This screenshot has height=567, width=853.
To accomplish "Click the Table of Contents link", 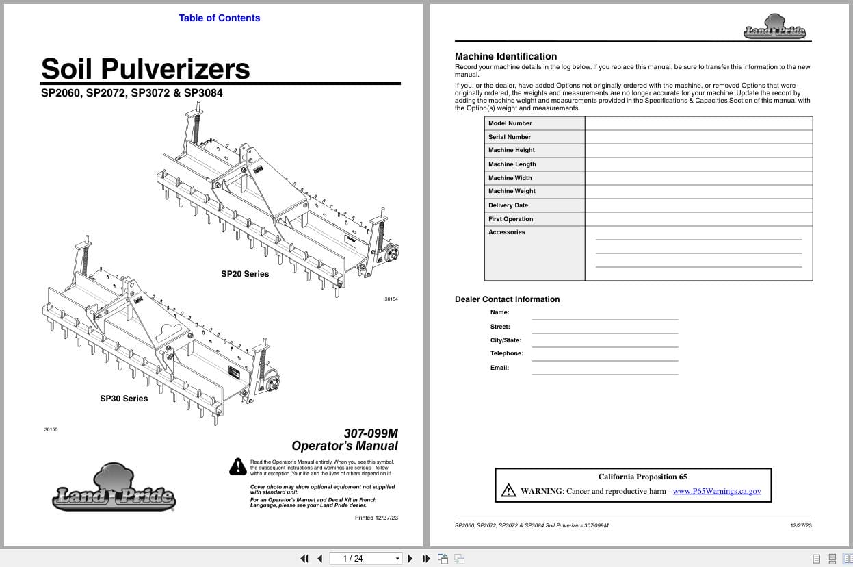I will coord(219,18).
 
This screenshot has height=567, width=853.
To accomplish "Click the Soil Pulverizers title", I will coord(146,68).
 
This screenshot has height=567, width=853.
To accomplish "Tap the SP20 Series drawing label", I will coord(245,274).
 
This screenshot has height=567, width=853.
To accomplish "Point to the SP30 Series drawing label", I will coord(124,399).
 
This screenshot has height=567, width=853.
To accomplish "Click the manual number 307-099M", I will coord(370,433).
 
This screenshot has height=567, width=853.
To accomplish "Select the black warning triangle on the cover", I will coord(237,466).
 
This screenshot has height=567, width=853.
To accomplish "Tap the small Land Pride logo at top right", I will coord(774,27).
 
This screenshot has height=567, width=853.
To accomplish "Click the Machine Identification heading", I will coord(506,56).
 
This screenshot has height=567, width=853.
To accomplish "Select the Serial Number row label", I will coord(510,137).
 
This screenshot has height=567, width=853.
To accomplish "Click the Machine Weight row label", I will coord(512,191).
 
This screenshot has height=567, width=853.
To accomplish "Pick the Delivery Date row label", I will coord(508,205).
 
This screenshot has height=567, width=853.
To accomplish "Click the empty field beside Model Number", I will coord(698,123).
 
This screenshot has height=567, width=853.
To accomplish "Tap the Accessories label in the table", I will coord(507,232).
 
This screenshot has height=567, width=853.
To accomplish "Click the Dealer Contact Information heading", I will coord(507,299).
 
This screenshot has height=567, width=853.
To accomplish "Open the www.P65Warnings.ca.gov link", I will coord(716,491).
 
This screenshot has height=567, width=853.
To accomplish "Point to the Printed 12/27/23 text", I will coord(376,518).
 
